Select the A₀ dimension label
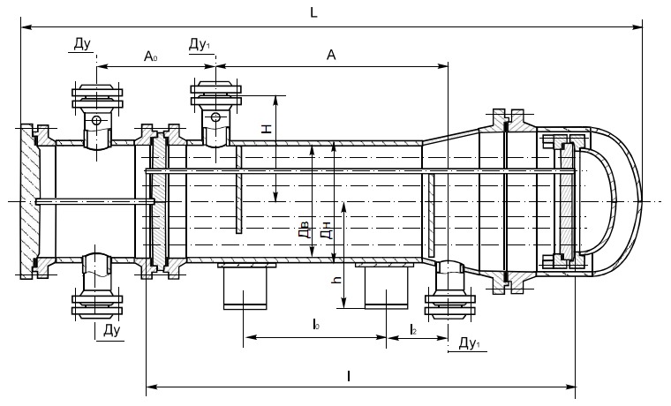(151, 56)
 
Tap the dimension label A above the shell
(331, 56)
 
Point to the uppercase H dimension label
(267, 129)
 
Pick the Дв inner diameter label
(304, 232)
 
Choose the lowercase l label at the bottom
(349, 376)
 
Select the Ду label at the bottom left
(111, 331)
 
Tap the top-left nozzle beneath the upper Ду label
(96, 110)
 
